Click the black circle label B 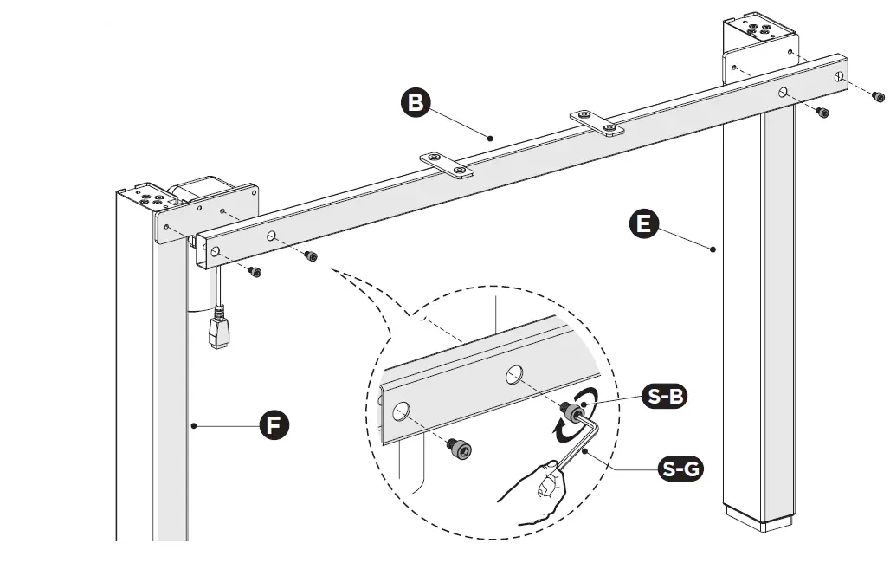(416, 103)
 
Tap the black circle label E (643, 224)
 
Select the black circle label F (274, 425)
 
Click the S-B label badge (664, 397)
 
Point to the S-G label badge (680, 469)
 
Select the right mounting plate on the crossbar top (597, 122)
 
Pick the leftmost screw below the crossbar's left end (255, 272)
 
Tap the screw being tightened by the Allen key (571, 412)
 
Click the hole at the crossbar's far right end (838, 77)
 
